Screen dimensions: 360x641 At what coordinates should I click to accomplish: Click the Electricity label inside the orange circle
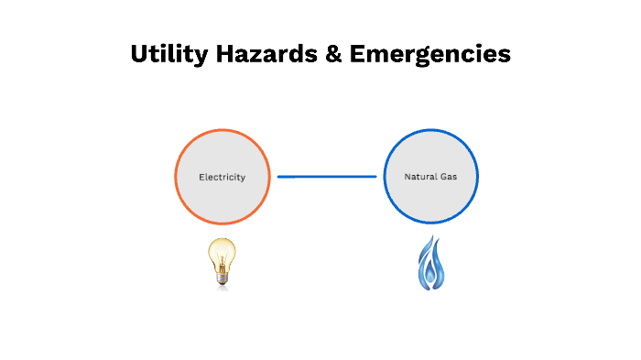point(223,177)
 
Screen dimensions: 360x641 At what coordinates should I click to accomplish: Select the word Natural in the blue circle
point(419,177)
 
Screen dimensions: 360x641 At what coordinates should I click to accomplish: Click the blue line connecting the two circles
point(327,177)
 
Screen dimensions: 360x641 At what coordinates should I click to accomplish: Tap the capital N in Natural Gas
point(408,177)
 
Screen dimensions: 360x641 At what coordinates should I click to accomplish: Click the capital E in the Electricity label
point(201,177)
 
